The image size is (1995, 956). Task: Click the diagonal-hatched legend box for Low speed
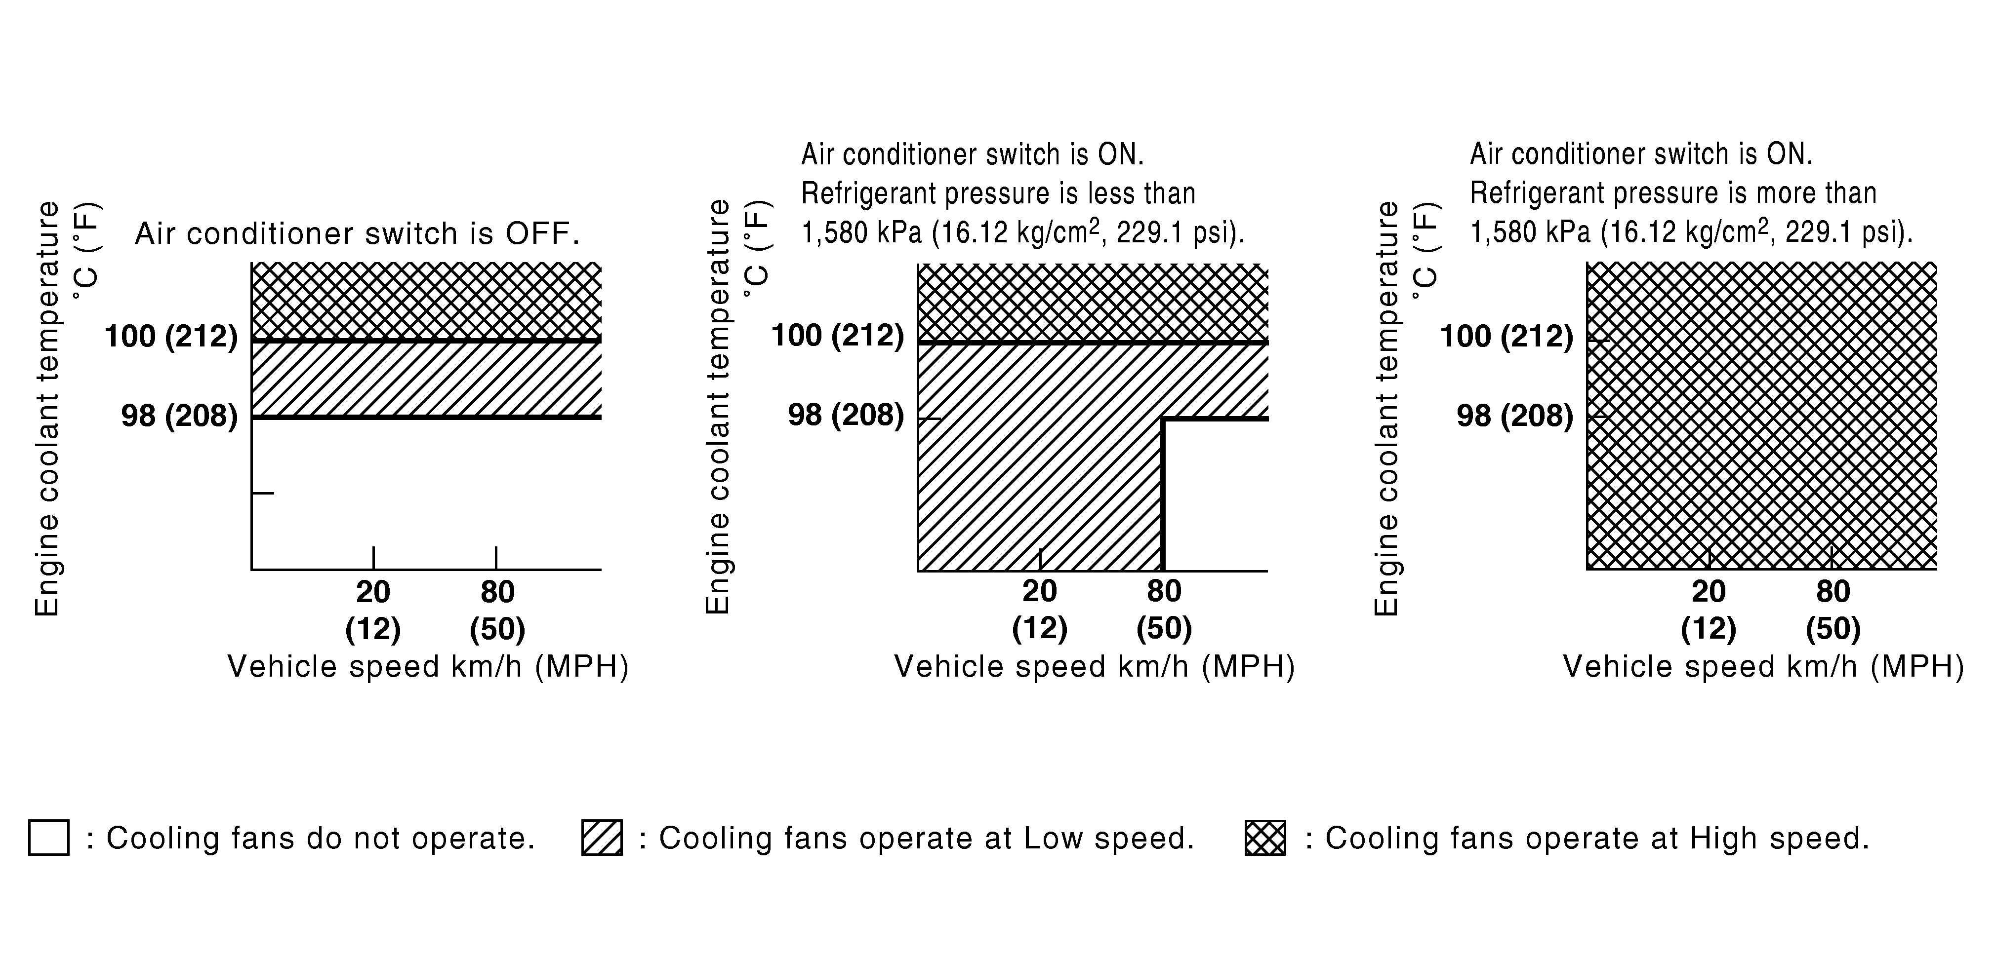(x=602, y=838)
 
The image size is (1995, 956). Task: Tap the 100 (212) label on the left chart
(x=171, y=336)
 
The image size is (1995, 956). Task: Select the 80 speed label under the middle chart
(x=1164, y=591)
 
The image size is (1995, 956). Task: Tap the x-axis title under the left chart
(x=428, y=666)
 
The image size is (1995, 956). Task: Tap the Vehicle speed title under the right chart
(x=1763, y=666)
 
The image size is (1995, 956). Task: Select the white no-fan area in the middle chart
(x=1216, y=496)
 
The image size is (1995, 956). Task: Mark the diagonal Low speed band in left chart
(x=426, y=380)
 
